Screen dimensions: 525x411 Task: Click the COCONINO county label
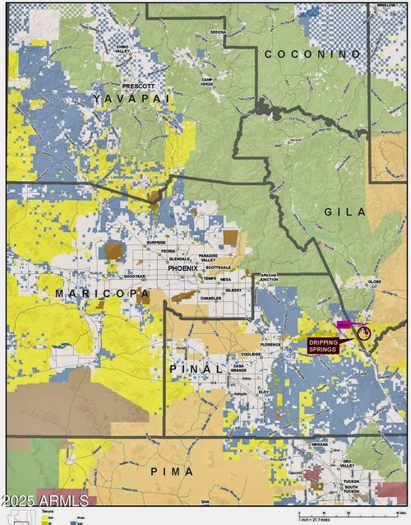(x=312, y=53)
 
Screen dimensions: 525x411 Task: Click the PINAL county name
(x=196, y=369)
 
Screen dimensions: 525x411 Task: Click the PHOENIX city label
(x=182, y=268)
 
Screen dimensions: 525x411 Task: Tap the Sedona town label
(x=218, y=31)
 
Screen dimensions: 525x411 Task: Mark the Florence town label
(x=270, y=344)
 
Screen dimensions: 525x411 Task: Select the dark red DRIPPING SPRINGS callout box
(x=323, y=346)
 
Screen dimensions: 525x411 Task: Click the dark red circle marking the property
(x=364, y=333)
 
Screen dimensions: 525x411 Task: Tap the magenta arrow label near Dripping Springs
(x=345, y=326)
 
